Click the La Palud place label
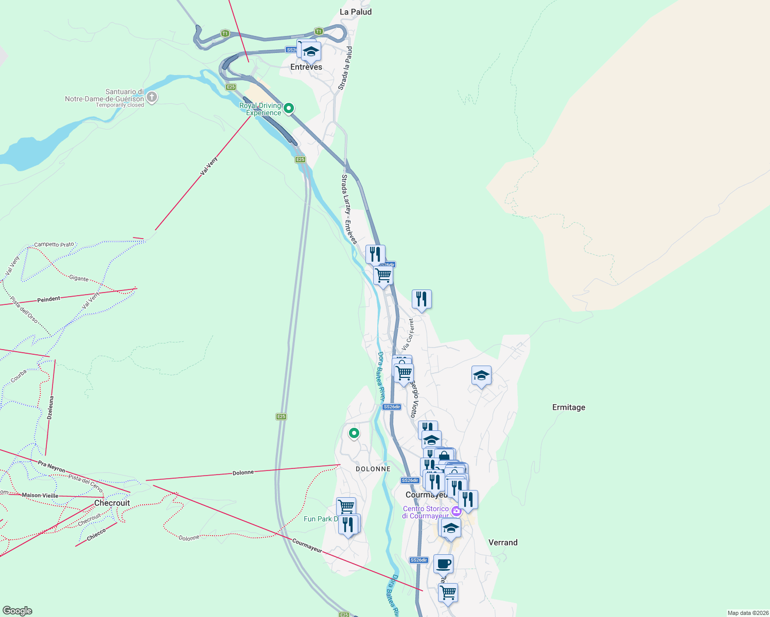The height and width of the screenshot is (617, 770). click(x=355, y=12)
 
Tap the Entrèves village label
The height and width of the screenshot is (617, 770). click(x=306, y=67)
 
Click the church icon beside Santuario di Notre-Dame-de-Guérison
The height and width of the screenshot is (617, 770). click(x=152, y=97)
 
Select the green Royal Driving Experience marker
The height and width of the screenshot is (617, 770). click(x=289, y=108)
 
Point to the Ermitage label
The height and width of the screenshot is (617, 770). click(x=568, y=407)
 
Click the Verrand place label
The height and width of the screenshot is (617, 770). click(x=502, y=542)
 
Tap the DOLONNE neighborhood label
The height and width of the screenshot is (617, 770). click(x=373, y=469)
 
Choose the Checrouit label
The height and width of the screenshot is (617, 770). click(x=112, y=503)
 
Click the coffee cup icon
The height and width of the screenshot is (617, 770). click(x=443, y=564)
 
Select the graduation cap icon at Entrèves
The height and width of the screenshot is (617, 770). click(x=311, y=51)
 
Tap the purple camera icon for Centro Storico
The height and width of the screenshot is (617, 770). click(x=456, y=511)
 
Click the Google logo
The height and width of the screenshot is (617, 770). click(x=17, y=611)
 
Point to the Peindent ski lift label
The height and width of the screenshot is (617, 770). click(x=49, y=299)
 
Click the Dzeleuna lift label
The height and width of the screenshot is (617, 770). click(x=50, y=408)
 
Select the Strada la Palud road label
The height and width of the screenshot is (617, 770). click(x=346, y=68)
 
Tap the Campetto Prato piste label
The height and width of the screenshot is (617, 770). click(x=54, y=245)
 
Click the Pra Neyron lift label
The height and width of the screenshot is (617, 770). click(x=51, y=466)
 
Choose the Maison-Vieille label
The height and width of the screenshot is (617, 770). click(x=40, y=496)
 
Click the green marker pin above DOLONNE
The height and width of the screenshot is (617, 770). click(x=354, y=433)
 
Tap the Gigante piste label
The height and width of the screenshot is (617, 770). click(x=79, y=278)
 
